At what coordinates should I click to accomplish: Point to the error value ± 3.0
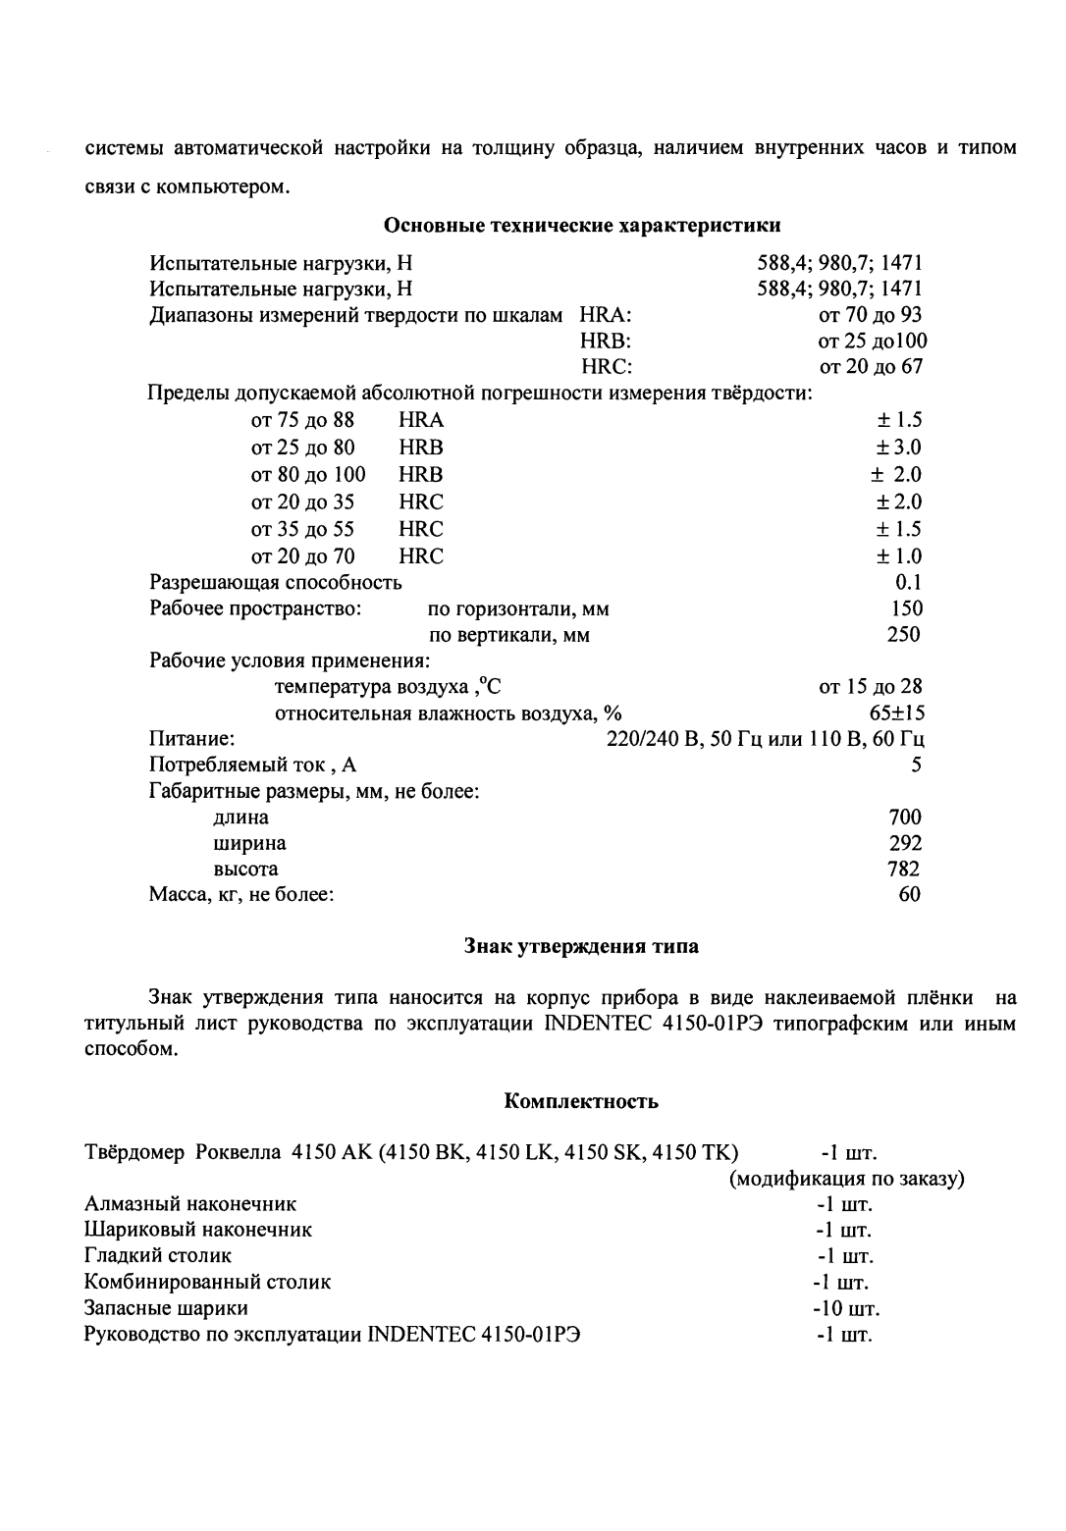(x=899, y=448)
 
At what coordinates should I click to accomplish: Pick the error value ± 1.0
(x=899, y=556)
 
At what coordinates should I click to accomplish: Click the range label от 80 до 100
(x=308, y=475)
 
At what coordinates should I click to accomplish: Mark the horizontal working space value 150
(x=906, y=608)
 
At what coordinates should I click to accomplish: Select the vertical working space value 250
(x=903, y=634)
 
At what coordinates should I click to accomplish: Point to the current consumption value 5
(x=915, y=765)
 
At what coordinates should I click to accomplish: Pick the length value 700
(x=904, y=817)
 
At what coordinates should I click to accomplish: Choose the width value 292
(x=904, y=843)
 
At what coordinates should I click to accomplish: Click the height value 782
(x=903, y=869)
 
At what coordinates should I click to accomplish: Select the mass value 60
(x=910, y=894)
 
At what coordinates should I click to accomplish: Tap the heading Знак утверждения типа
(x=581, y=947)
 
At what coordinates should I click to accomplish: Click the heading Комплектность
(x=581, y=1101)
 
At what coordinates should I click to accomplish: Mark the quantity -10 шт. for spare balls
(x=845, y=1308)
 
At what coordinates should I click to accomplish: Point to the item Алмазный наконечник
(x=190, y=1203)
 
